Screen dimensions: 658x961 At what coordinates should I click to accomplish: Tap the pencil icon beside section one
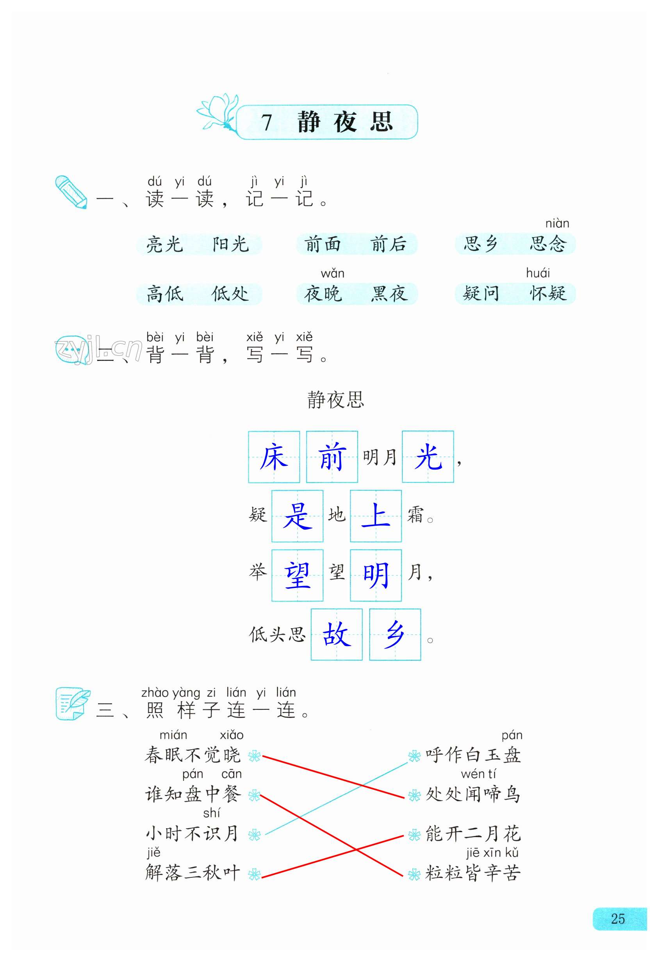pyautogui.click(x=71, y=192)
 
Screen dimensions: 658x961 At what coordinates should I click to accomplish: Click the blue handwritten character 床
pyautogui.click(x=274, y=457)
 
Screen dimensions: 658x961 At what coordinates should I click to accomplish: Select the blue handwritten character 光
pyautogui.click(x=428, y=457)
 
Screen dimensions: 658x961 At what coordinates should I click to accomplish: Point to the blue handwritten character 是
pyautogui.click(x=297, y=516)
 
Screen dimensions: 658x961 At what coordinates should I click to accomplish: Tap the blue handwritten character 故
pyautogui.click(x=337, y=634)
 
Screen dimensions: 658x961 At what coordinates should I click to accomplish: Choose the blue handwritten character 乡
pyautogui.click(x=395, y=634)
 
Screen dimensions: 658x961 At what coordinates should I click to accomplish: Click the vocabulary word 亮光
pyautogui.click(x=164, y=245)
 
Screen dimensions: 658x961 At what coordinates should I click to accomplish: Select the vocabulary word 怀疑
pyautogui.click(x=547, y=294)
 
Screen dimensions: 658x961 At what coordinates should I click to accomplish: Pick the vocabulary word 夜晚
pyautogui.click(x=323, y=294)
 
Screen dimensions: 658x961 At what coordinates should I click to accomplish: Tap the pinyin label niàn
pyautogui.click(x=557, y=224)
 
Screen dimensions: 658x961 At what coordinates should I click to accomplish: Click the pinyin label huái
pyautogui.click(x=538, y=273)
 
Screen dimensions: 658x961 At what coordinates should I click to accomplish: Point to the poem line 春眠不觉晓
pyautogui.click(x=192, y=755)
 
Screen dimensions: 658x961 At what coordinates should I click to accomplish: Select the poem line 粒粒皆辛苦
pyautogui.click(x=473, y=873)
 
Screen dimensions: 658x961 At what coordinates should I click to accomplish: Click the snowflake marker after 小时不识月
pyautogui.click(x=254, y=835)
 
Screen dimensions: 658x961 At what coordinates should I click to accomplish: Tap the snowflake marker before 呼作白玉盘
pyautogui.click(x=414, y=756)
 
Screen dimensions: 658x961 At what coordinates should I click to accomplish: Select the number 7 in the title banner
pyautogui.click(x=266, y=122)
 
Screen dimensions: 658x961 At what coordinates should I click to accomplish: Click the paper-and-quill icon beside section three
pyautogui.click(x=73, y=704)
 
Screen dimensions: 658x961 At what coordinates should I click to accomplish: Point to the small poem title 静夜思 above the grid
pyautogui.click(x=335, y=400)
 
